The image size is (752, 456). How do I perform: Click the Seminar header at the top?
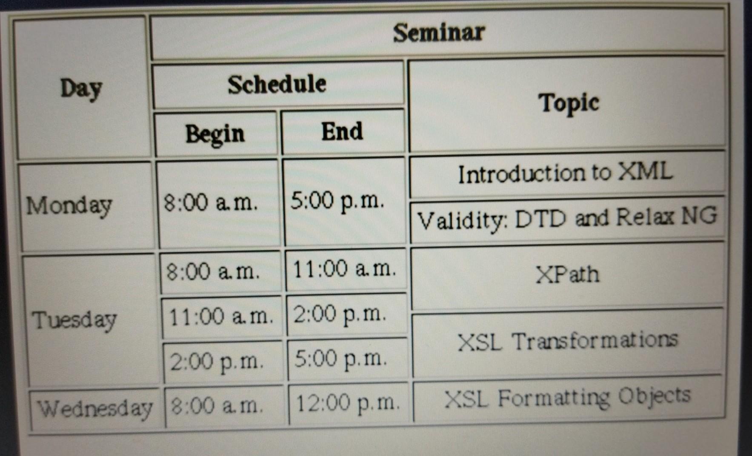(x=439, y=32)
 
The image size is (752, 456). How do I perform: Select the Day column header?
(x=81, y=89)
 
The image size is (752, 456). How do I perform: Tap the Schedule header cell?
(x=277, y=84)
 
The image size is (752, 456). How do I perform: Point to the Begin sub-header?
(x=215, y=134)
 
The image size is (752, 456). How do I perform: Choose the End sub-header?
(x=342, y=131)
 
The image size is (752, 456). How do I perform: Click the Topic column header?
(x=569, y=103)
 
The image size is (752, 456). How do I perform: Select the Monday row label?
(x=69, y=206)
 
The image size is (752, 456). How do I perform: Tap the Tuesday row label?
(x=74, y=319)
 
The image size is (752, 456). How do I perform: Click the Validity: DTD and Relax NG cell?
(x=567, y=219)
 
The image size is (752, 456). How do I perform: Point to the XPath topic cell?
(x=568, y=274)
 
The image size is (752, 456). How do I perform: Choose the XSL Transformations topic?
(x=568, y=341)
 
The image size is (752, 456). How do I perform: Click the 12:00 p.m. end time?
(x=348, y=403)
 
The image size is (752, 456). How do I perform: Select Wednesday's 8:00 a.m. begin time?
(x=217, y=406)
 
